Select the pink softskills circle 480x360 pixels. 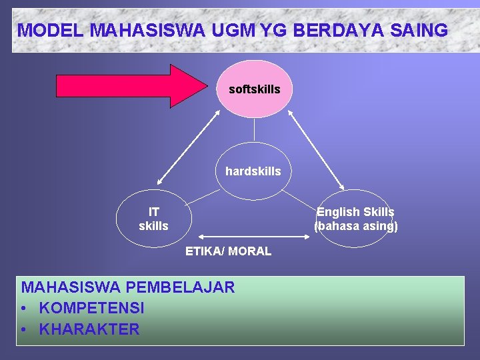254,89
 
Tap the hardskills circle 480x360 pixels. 253,171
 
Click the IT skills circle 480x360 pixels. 153,219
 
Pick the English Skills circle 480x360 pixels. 355,219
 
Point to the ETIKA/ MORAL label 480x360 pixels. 228,251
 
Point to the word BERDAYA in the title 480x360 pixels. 323,30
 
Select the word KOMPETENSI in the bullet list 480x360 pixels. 91,308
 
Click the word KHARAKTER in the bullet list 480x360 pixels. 89,329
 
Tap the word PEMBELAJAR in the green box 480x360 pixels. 180,287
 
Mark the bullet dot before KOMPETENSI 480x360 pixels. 25,309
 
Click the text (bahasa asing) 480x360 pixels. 355,226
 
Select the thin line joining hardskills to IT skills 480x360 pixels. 203,196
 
